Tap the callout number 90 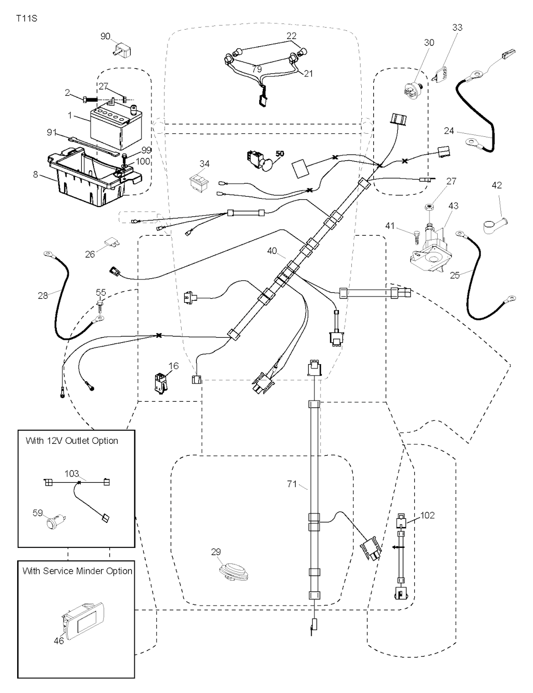(x=105, y=36)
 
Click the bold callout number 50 (x=280, y=154)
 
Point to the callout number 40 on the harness (x=272, y=251)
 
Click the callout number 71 (x=292, y=484)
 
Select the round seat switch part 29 (x=234, y=571)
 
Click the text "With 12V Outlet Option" (x=72, y=441)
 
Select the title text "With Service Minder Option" (x=77, y=571)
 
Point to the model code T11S (x=27, y=19)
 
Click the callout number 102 (x=427, y=515)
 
